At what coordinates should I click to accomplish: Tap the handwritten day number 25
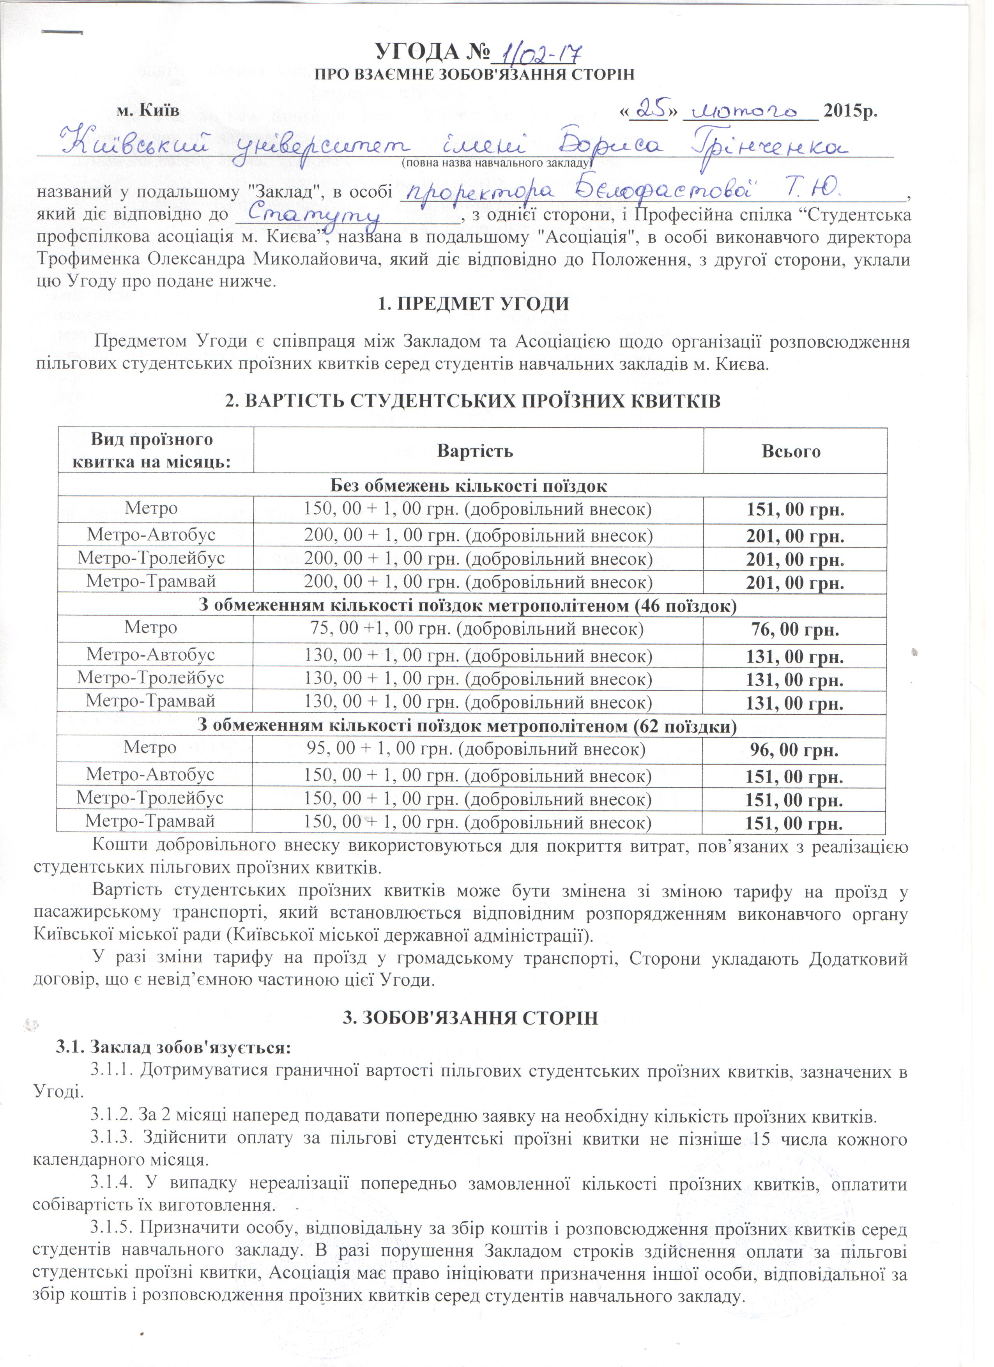(649, 110)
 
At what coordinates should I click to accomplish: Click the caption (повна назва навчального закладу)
(498, 163)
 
